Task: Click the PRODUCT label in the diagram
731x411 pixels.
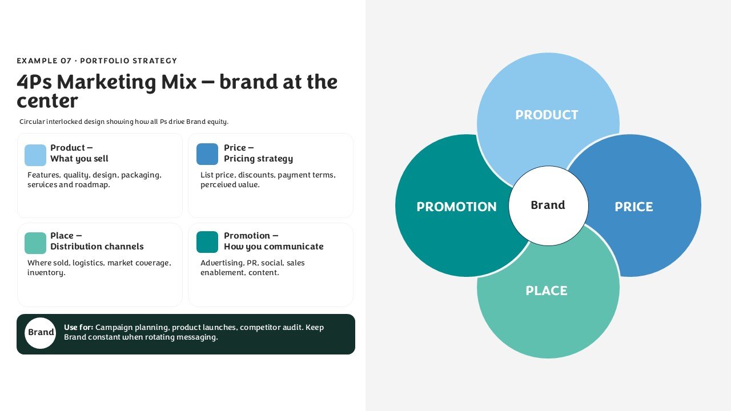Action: pos(547,115)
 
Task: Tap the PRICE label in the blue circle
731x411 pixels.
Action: pos(634,207)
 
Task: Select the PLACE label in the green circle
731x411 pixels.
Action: pos(547,291)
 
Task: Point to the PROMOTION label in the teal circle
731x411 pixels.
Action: pos(456,207)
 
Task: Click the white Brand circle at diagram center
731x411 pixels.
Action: pos(549,205)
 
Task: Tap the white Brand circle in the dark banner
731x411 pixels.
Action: pos(40,333)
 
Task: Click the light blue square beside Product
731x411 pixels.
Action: pos(35,155)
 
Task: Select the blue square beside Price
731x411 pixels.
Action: pos(207,154)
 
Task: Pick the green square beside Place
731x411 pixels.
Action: pos(35,243)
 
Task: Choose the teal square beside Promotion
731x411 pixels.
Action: pos(207,242)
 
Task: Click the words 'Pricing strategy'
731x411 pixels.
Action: pos(259,159)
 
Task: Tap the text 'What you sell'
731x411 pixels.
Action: pos(79,159)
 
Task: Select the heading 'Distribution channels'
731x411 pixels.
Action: pos(97,246)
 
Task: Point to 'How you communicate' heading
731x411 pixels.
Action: pos(274,247)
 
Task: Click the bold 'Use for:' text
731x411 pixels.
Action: pos(79,327)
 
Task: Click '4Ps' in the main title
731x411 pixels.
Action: pos(34,82)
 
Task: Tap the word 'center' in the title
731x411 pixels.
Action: pos(47,101)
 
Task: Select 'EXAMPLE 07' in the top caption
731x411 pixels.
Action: pos(44,61)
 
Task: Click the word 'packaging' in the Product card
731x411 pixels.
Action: pos(141,175)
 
